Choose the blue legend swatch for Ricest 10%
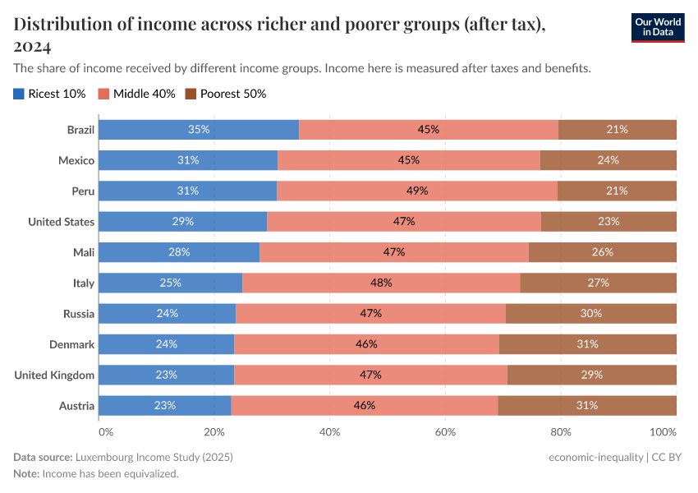[x=19, y=94]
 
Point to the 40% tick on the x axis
[x=329, y=431]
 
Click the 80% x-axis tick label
[x=560, y=431]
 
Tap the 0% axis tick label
[x=105, y=431]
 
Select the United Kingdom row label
[x=54, y=376]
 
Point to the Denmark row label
[x=71, y=344]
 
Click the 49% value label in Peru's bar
[x=417, y=191]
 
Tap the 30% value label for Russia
[x=591, y=313]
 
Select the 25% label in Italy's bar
[x=170, y=283]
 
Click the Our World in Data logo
[x=657, y=26]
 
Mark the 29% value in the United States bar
[x=182, y=221]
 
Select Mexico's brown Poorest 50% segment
[x=608, y=160]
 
